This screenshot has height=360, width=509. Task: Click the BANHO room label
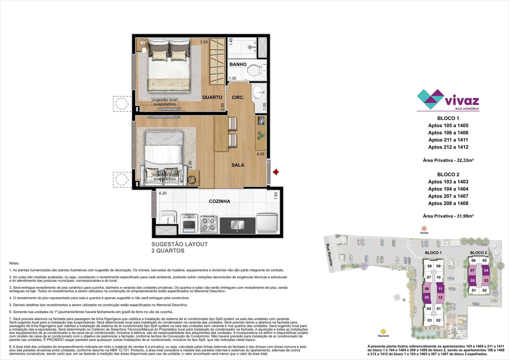[x=238, y=64]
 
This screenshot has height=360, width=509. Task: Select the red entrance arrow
[x=276, y=172]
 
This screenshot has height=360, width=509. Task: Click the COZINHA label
[x=220, y=201]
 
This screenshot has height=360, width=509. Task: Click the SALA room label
[x=238, y=165]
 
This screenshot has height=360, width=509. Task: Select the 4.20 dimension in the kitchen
[x=163, y=193]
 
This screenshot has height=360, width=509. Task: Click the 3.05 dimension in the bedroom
[x=204, y=42]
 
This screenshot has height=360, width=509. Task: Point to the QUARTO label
[x=212, y=97]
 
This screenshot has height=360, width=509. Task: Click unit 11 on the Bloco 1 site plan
[x=440, y=289]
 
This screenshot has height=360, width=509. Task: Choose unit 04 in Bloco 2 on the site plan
[x=486, y=271]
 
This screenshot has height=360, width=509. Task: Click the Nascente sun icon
[x=383, y=331]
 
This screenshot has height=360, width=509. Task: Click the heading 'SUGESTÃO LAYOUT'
[x=179, y=244]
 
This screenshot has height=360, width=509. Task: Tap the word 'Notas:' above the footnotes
[x=14, y=263]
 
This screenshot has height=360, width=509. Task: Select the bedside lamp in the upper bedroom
[x=143, y=44]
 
